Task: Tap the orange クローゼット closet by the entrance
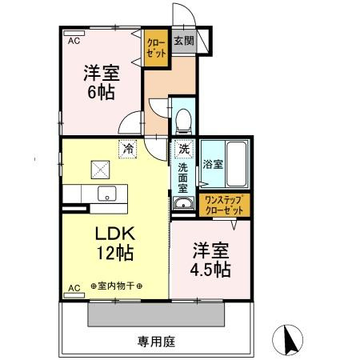(155, 46)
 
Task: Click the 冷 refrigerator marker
(127, 147)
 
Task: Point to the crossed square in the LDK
(101, 168)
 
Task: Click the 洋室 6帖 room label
(100, 82)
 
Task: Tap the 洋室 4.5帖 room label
(210, 258)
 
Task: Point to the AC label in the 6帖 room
(73, 38)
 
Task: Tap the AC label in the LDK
(73, 286)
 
